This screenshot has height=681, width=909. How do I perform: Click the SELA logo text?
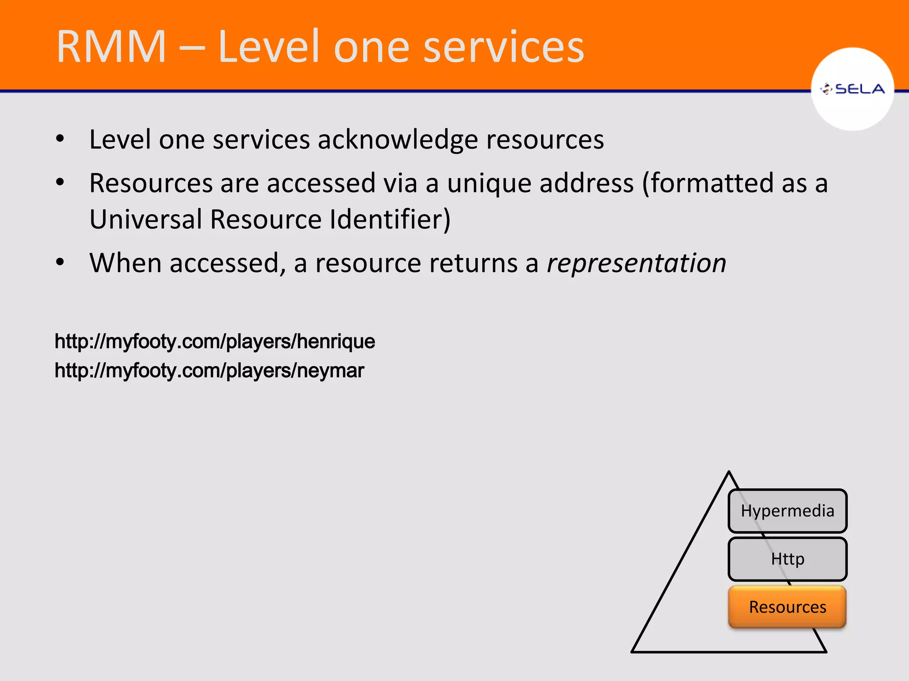859,89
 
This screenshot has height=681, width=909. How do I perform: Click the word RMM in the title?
111,47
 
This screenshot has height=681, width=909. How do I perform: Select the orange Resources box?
787,607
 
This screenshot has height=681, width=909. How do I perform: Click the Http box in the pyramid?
787,559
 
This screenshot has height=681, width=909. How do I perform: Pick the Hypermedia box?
787,511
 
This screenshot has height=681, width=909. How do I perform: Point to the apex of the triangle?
729,473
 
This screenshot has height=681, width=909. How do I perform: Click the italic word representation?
636,263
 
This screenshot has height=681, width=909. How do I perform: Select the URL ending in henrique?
215,341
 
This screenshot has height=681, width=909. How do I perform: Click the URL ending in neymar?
209,370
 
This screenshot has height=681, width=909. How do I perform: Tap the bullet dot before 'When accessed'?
60,262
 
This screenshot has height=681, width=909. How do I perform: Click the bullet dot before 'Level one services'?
60,139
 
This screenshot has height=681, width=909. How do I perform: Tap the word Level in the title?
269,47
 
